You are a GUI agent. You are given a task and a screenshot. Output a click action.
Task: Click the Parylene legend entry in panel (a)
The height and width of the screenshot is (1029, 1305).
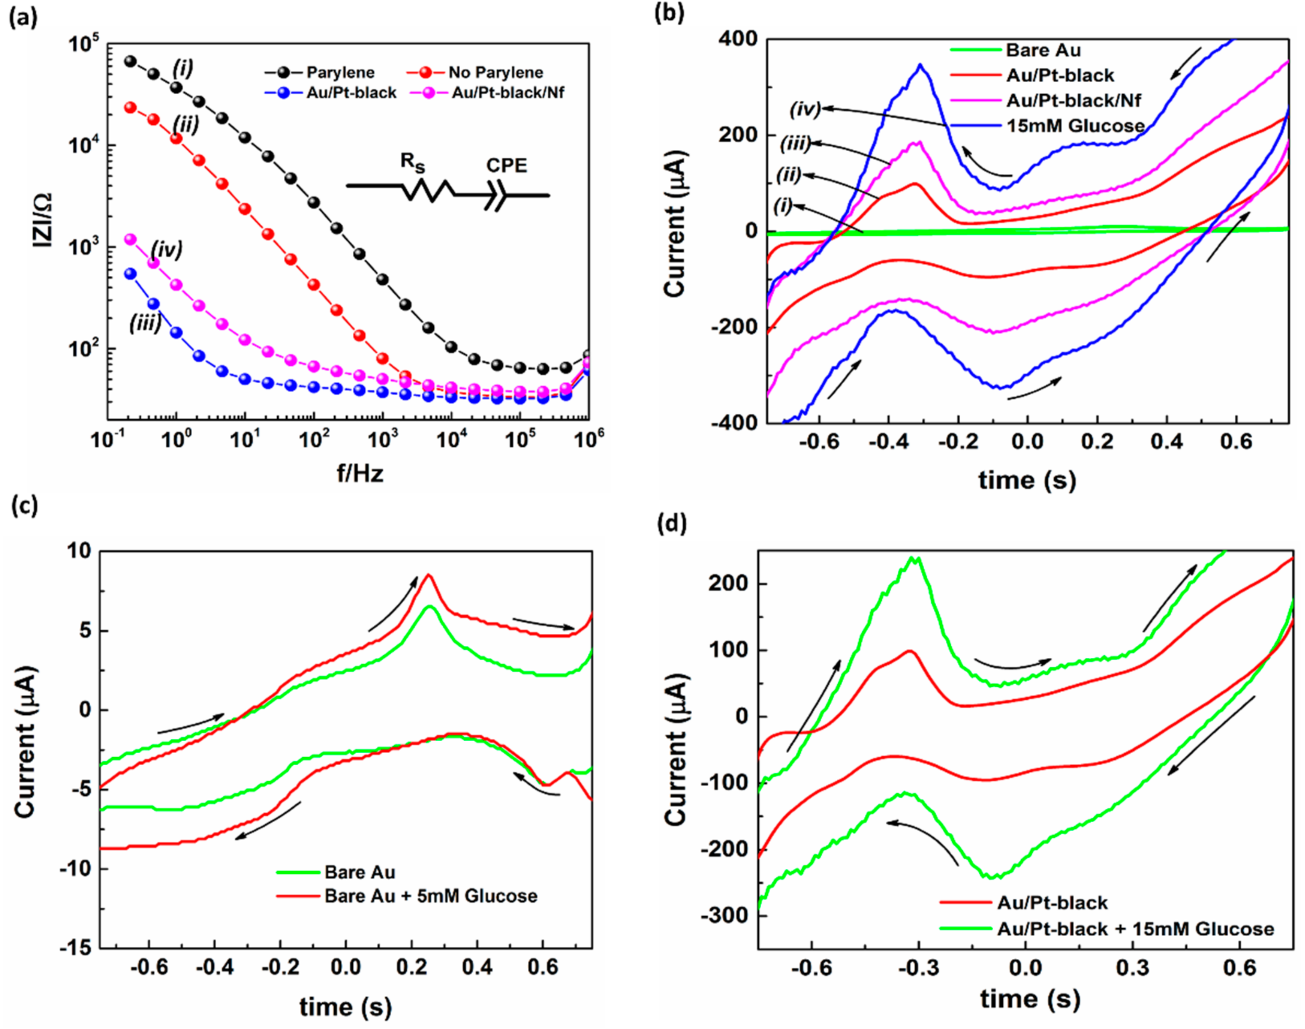[340, 72]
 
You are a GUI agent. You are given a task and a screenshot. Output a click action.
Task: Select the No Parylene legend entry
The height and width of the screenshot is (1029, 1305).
[495, 72]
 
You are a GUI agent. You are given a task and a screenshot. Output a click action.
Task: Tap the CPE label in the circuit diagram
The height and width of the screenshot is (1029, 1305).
[507, 166]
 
